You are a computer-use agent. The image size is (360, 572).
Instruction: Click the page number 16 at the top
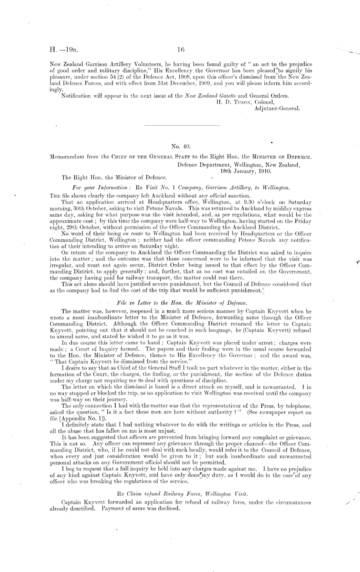click(x=180, y=50)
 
